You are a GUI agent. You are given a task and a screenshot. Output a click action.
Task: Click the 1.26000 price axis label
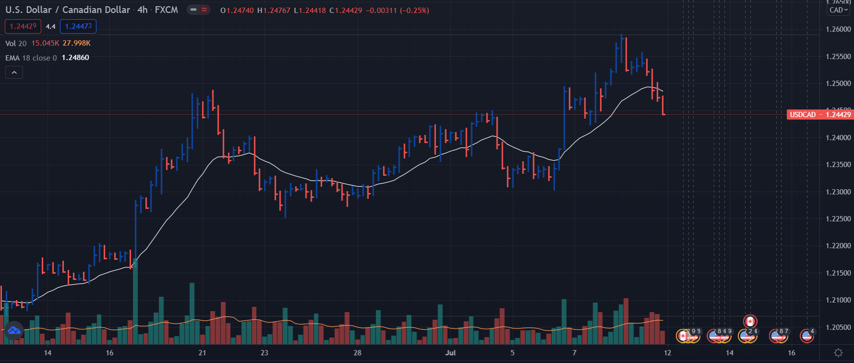[x=838, y=29]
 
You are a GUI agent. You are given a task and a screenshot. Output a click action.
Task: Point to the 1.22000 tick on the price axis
[x=838, y=246]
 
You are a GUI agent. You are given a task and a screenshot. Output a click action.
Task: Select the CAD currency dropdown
[x=839, y=10]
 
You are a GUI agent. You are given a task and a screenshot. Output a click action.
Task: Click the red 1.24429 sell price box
[x=23, y=26]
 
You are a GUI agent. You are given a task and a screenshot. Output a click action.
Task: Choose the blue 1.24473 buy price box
[x=78, y=26]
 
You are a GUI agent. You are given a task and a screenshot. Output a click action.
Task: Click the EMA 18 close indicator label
[x=31, y=58]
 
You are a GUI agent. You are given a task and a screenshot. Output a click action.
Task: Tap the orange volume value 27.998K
[x=76, y=43]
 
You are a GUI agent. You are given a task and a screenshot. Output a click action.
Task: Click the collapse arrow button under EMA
[x=14, y=73]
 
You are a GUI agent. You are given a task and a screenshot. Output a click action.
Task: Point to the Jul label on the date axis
[x=450, y=353]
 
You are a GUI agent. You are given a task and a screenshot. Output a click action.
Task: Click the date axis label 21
[x=202, y=353]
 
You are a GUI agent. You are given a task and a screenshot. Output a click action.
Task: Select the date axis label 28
[x=357, y=353]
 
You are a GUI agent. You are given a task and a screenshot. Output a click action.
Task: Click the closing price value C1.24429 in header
[x=345, y=10]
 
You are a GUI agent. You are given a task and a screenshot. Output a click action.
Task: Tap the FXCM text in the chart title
[x=166, y=10]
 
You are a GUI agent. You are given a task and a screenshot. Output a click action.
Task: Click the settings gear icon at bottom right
[x=838, y=353]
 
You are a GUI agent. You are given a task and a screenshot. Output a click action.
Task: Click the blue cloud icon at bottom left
[x=14, y=330]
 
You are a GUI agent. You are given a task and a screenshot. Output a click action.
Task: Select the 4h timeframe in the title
[x=142, y=10]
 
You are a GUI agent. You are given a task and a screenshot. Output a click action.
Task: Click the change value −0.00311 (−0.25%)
[x=397, y=10]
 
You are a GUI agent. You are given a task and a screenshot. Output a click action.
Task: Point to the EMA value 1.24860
[x=75, y=58]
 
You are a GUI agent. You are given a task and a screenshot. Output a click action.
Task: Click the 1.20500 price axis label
[x=838, y=327]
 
